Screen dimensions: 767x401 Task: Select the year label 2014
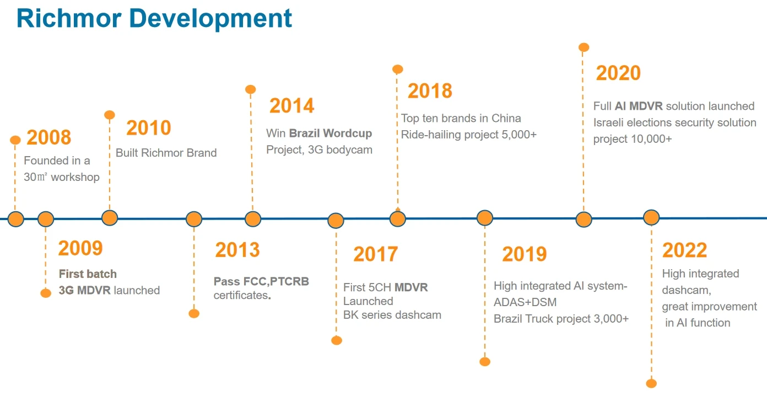pos(291,106)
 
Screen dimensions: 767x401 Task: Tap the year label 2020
pos(618,73)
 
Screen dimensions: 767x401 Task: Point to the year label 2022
pos(684,250)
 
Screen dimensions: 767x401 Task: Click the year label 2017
pos(375,254)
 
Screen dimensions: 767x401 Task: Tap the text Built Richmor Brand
pos(166,153)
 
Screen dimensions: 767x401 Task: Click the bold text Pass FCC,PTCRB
pos(261,282)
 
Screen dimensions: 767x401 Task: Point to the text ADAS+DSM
pos(525,302)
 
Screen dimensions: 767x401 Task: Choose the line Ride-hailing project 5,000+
pos(468,135)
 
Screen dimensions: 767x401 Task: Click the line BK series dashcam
pos(392,316)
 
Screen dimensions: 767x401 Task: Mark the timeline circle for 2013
pos(194,220)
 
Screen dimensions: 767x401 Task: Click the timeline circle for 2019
pos(485,218)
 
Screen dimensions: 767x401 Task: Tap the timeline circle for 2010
pos(110,218)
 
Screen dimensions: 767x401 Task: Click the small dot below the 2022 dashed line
pos(651,383)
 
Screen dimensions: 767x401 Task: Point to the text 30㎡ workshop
pos(61,177)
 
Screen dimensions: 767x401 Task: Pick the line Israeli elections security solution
pos(674,122)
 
